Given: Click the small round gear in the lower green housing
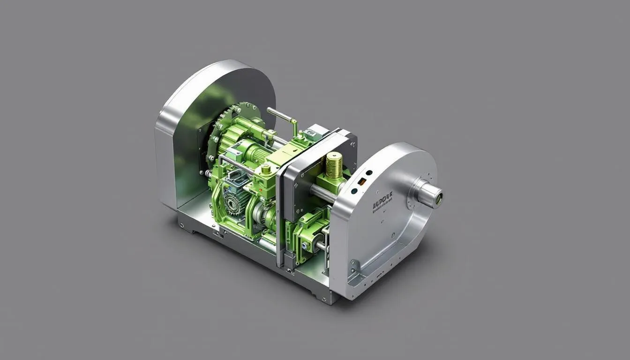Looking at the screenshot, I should click(232, 202).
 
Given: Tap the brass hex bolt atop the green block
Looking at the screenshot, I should click(266, 169).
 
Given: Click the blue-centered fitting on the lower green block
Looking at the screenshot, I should click(305, 244).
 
